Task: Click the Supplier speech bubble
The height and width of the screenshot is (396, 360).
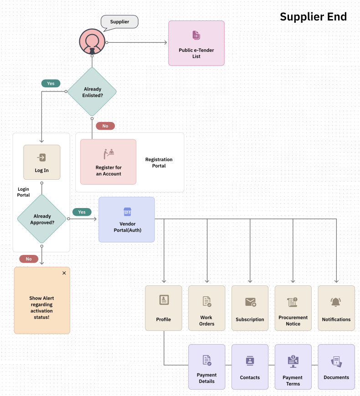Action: pos(119,22)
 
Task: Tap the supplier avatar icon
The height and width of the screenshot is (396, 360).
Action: pos(92,42)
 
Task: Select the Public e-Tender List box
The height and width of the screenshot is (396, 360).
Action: pos(196,43)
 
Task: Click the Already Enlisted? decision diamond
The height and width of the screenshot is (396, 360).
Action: pos(92,92)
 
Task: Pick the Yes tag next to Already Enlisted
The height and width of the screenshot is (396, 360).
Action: pos(51,83)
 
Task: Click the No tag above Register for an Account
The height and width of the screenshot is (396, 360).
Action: pos(105,126)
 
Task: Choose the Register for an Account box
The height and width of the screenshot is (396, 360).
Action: pos(108,162)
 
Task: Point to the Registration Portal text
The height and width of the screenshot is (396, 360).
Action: pos(159,162)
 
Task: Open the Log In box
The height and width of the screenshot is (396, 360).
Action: pos(42,162)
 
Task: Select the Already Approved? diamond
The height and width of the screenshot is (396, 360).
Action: pos(42,219)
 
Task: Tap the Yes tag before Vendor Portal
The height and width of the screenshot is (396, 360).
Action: pos(82,212)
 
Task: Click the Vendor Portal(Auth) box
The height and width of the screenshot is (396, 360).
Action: pos(127,219)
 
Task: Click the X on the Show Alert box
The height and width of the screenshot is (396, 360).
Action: pos(64,273)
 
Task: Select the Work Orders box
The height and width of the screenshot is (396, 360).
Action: pos(207,308)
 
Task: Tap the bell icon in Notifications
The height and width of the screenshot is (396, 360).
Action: pos(336,302)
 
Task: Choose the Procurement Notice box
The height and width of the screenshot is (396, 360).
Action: pos(293,308)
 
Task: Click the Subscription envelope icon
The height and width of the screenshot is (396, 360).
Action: pos(250,302)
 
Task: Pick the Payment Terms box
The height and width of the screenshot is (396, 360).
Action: pos(293,367)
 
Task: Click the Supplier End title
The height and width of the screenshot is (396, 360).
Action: pos(313,17)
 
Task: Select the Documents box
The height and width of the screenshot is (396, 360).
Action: pos(336,367)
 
